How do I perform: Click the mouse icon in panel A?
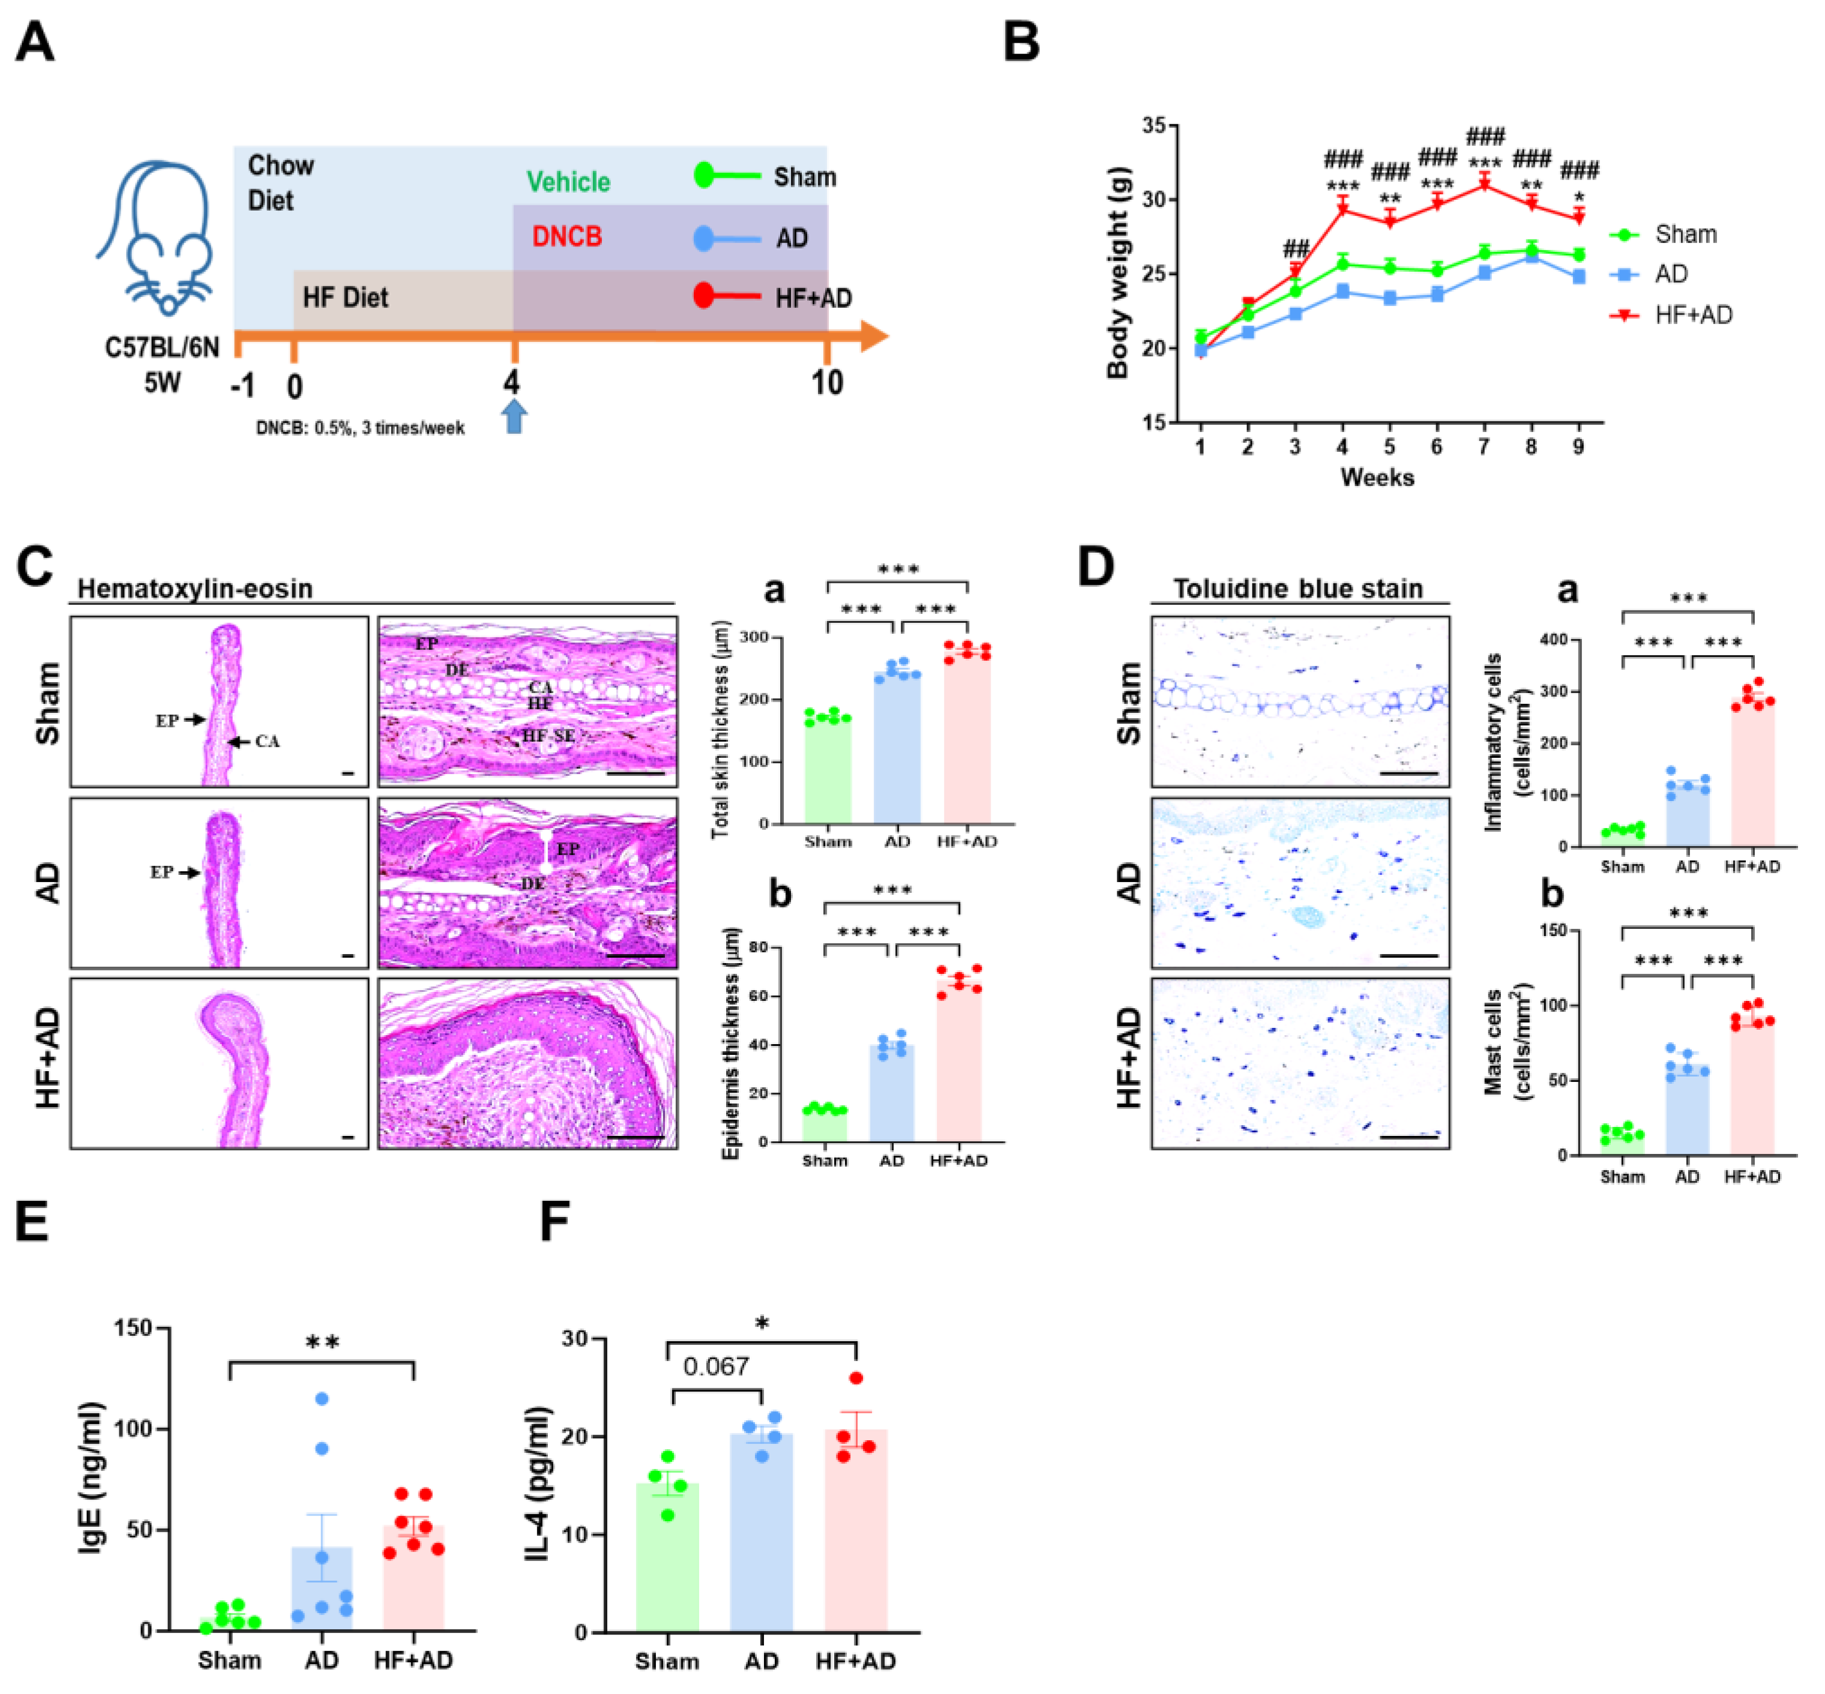156,238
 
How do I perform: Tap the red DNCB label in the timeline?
567,236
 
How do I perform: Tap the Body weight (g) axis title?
1117,273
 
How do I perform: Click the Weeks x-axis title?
1377,478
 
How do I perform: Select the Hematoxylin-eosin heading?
194,589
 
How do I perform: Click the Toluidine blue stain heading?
1298,589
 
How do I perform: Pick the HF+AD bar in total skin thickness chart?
967,738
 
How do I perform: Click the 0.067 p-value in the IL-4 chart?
716,1367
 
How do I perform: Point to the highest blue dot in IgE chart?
322,1399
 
